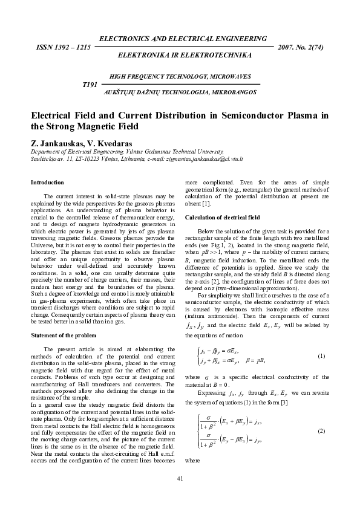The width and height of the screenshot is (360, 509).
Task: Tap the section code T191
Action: tap(89, 85)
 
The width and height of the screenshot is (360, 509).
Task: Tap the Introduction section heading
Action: tap(47, 182)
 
